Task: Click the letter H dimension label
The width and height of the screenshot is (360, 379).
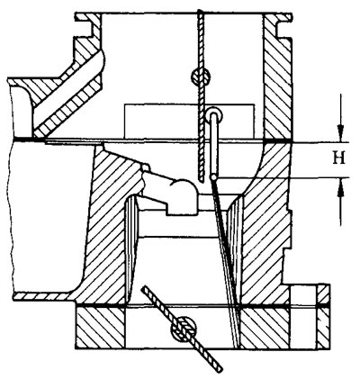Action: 339,158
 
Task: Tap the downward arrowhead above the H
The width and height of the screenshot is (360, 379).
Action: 340,132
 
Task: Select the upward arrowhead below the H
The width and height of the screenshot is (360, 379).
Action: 340,188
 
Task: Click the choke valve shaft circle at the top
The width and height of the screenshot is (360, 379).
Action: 201,76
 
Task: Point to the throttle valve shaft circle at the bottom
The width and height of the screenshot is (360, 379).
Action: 183,329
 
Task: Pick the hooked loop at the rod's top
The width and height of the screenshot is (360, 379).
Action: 213,115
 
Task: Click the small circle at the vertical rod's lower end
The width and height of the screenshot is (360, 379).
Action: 213,177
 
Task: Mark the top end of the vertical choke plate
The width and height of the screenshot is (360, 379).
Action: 201,12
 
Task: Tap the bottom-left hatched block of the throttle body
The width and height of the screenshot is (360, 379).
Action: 100,328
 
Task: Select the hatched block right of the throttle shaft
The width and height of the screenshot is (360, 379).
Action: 264,328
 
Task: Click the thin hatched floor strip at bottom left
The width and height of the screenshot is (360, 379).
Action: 45,296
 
